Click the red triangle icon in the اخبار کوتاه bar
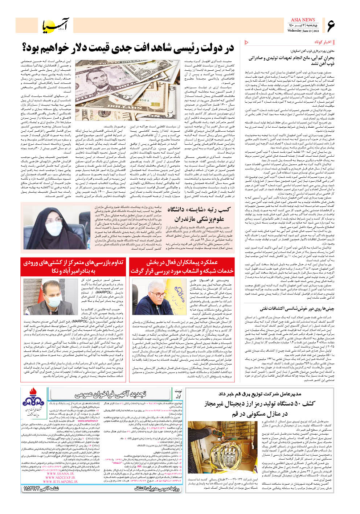click(x=247, y=42)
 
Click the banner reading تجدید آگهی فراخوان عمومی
click(x=111, y=394)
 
